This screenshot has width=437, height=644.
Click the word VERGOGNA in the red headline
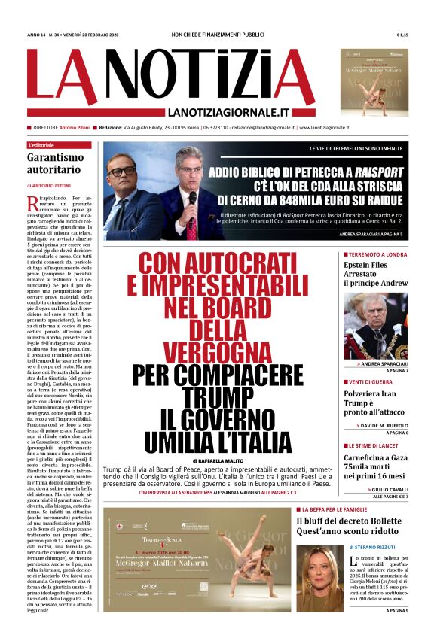click(x=212, y=351)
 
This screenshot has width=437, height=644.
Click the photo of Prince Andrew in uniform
click(x=375, y=325)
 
